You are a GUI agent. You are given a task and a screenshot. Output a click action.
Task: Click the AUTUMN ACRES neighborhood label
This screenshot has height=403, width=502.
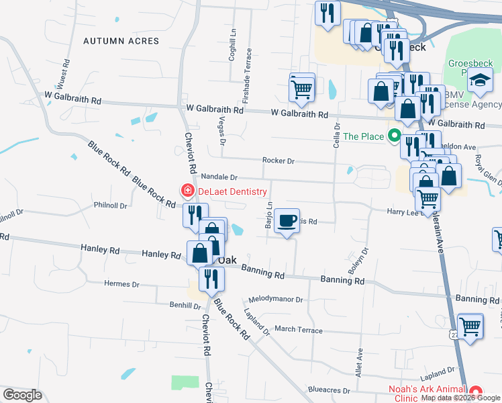coord(121,41)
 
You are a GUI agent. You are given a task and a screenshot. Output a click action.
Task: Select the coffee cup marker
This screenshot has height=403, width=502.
coord(287,221)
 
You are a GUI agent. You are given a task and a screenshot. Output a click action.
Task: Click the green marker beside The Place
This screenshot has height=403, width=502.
coord(394,136)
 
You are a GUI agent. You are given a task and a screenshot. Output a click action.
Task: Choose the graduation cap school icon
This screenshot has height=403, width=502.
coord(479,80)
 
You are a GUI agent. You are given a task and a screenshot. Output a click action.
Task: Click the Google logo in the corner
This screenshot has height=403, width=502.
coord(22,395)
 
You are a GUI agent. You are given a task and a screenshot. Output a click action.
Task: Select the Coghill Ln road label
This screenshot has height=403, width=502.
coord(233,45)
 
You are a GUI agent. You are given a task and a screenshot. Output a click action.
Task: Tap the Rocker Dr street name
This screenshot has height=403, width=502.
coord(279,161)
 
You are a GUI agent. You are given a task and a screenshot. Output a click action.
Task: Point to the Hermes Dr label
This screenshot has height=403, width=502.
coord(121,283)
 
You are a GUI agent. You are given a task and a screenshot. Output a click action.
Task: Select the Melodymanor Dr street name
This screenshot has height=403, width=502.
coord(276,300)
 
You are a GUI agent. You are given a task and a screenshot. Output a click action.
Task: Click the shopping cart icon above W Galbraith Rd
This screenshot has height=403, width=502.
coord(302,87)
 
